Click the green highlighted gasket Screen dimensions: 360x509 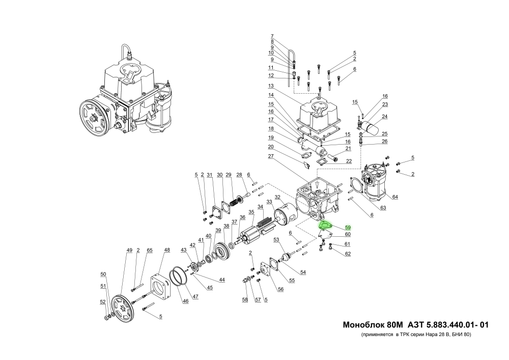tap(324, 226)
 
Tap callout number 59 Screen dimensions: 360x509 tap(348, 227)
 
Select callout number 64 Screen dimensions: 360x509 tap(395, 197)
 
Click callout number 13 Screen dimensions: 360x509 tap(271, 85)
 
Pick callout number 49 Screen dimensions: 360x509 tap(129, 250)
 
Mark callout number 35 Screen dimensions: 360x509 tap(251, 212)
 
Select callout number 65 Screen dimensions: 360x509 tap(150, 250)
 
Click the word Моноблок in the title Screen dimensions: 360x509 tap(359, 324)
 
